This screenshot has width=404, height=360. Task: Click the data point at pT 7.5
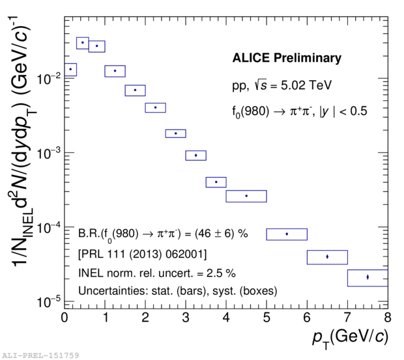point(368,277)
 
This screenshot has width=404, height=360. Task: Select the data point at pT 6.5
point(327,256)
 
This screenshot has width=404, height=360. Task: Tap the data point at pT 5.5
point(287,234)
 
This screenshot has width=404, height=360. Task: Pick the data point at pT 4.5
point(246,196)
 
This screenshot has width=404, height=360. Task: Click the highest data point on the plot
point(82,42)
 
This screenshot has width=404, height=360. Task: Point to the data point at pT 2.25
point(155,107)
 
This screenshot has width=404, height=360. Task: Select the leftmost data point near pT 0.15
point(70,69)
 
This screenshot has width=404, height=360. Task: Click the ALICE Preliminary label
point(287,59)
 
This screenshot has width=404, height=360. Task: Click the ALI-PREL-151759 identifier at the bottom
point(40,355)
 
